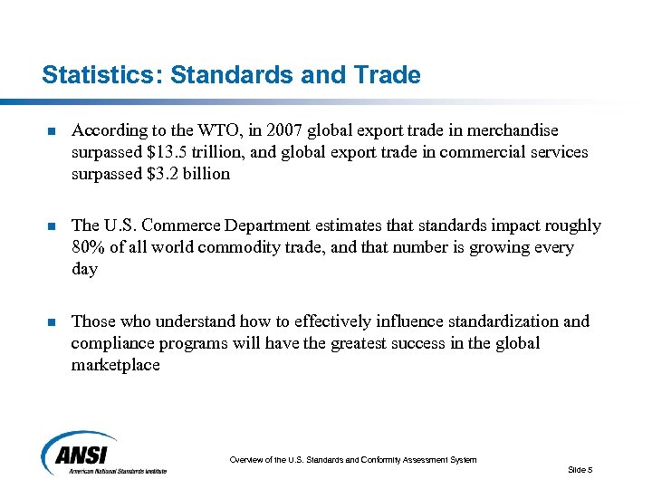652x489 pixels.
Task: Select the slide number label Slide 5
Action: tap(580, 469)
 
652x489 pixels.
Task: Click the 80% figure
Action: tap(88, 247)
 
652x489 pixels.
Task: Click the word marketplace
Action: tap(116, 365)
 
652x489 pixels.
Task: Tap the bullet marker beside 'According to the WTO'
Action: tap(52, 132)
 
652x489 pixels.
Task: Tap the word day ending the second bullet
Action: tap(84, 269)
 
